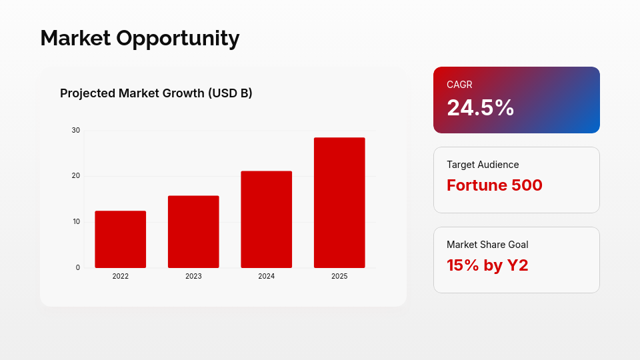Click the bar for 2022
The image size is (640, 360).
click(121, 239)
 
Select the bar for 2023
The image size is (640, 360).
click(193, 232)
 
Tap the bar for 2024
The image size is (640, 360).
click(267, 219)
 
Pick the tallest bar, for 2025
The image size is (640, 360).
click(339, 203)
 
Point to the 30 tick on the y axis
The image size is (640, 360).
click(76, 130)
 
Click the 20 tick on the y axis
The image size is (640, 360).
click(76, 176)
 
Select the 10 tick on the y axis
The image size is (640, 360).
click(76, 221)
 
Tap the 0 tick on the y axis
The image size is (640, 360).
click(78, 268)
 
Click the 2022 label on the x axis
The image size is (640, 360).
click(121, 276)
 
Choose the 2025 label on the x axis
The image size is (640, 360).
click(339, 276)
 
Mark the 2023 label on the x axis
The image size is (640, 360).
click(193, 276)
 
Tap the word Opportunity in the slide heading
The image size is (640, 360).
click(178, 39)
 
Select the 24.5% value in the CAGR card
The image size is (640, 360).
click(481, 108)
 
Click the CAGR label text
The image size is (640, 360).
click(459, 85)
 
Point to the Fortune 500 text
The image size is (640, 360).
click(494, 185)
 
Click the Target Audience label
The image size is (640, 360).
click(483, 165)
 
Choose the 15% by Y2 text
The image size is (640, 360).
click(487, 265)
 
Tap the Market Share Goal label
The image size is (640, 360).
click(487, 245)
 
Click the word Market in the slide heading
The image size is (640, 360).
click(75, 38)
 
